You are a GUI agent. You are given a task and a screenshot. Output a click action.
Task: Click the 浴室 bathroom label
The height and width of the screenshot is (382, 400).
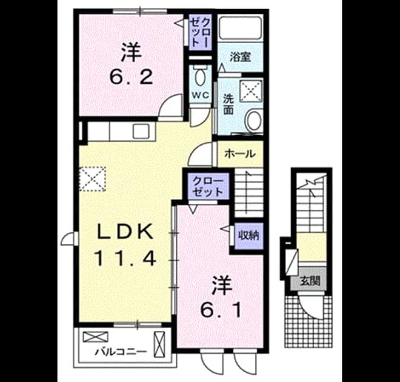click(240, 57)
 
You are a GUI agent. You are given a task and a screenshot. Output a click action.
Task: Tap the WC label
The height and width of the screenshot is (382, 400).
click(201, 95)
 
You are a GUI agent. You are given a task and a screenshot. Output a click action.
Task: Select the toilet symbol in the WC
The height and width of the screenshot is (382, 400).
click(201, 75)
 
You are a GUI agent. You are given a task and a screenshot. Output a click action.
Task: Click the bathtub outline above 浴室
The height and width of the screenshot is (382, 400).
click(241, 28)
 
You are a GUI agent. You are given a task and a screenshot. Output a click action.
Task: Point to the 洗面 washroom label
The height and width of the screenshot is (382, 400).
click(228, 104)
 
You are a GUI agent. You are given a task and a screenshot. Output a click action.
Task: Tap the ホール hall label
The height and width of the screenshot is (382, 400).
click(240, 153)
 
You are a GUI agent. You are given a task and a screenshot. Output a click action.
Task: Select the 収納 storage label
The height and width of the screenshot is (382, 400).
click(248, 235)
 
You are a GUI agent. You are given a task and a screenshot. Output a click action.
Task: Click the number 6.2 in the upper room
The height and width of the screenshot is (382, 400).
click(132, 78)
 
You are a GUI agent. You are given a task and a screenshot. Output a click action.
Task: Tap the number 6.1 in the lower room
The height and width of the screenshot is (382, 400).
click(221, 310)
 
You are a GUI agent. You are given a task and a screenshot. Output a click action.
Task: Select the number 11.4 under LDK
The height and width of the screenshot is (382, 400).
click(125, 258)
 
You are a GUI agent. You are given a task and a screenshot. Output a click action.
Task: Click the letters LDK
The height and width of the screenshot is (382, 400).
click(125, 231)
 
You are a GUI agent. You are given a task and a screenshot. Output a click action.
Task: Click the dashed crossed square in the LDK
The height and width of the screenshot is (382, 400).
click(92, 179)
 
